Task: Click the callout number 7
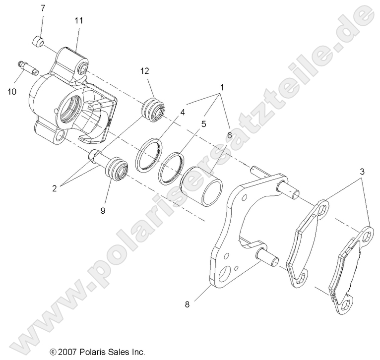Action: click(42, 8)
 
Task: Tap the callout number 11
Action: click(79, 20)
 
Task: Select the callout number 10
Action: click(11, 91)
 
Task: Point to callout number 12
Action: click(144, 71)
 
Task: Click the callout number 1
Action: click(222, 87)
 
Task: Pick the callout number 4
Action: click(169, 112)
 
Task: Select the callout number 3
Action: click(363, 172)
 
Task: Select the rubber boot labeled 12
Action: click(153, 110)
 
